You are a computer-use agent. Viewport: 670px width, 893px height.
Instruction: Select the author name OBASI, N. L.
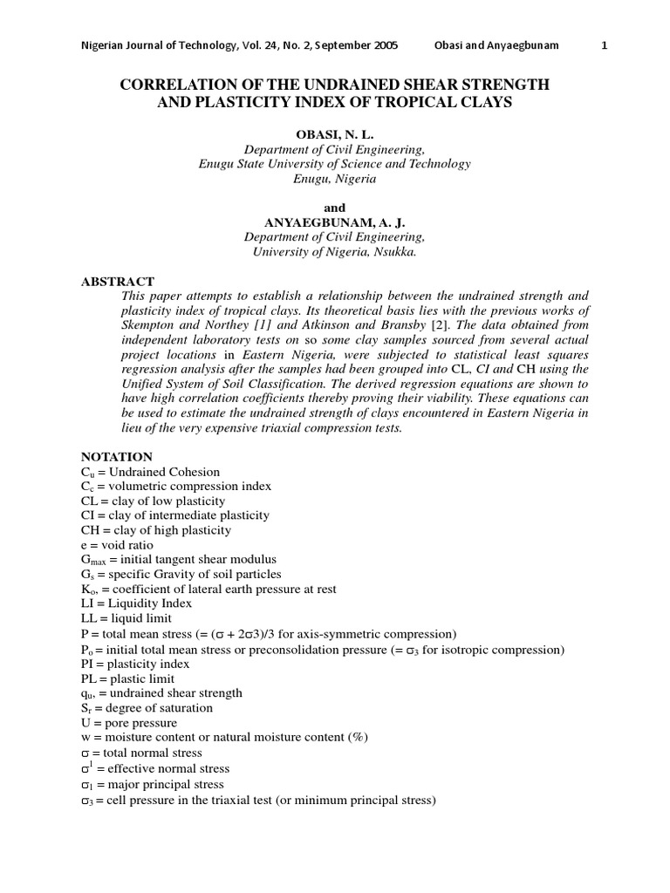click(x=334, y=135)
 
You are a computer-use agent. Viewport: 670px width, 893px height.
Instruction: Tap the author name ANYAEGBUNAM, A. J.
click(x=334, y=222)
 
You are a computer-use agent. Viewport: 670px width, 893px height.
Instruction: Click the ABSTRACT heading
click(x=117, y=282)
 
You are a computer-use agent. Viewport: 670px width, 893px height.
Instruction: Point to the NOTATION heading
click(x=117, y=457)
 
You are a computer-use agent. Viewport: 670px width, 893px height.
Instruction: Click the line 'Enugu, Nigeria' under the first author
click(x=335, y=179)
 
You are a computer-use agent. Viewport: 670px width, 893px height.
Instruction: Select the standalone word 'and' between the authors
click(x=335, y=208)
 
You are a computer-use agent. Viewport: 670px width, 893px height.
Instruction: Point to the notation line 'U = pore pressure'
click(x=128, y=722)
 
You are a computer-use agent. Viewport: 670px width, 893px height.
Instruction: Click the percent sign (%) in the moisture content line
click(x=359, y=737)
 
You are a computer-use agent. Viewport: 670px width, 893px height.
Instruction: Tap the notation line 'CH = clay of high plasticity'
click(x=156, y=530)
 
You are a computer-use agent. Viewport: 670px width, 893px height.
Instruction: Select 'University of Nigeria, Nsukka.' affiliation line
click(x=335, y=252)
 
